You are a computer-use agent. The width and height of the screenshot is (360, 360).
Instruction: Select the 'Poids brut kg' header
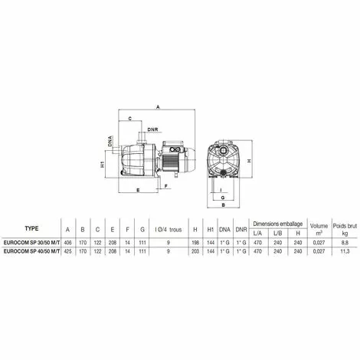click(x=344, y=227)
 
